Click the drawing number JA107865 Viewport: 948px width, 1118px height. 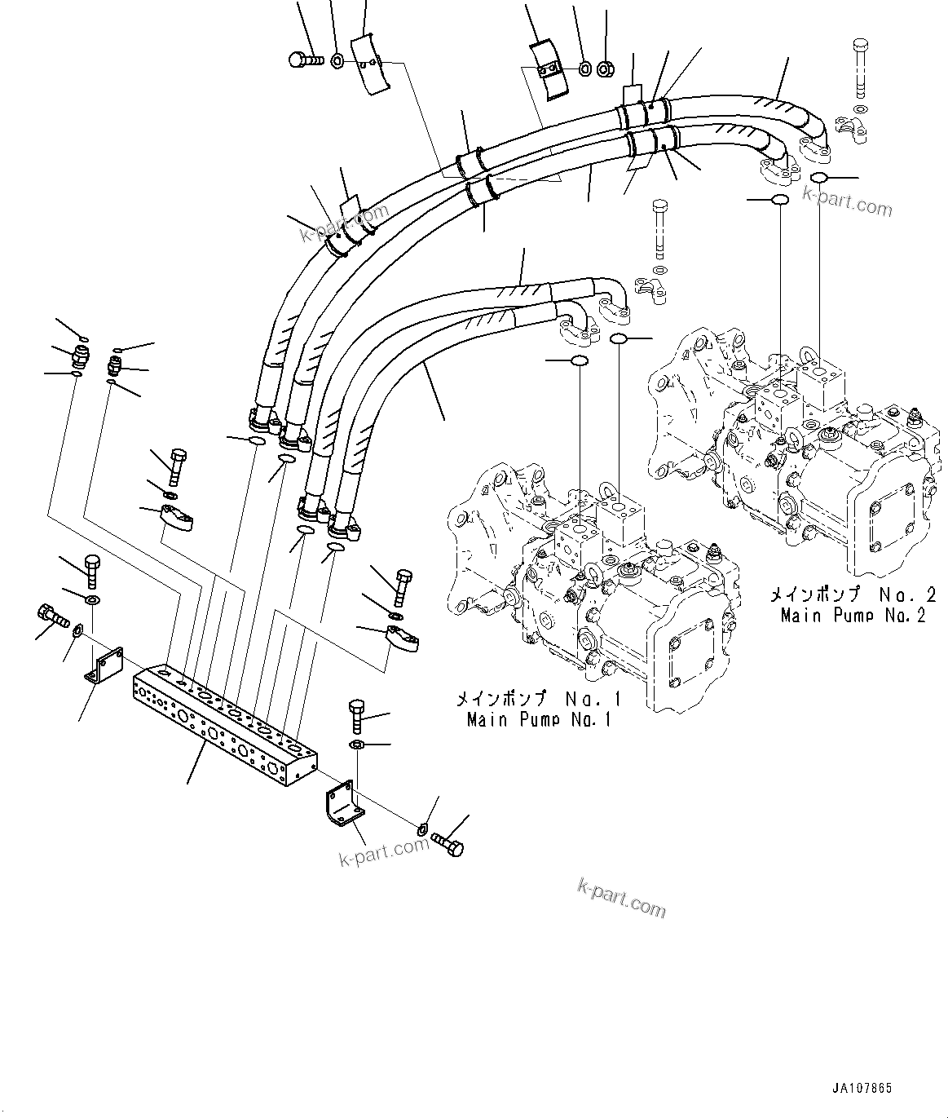(x=862, y=1088)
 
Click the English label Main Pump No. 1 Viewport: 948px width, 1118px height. (x=538, y=719)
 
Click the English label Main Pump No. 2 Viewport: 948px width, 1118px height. (x=853, y=615)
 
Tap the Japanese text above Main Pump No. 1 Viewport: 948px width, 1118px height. (x=538, y=699)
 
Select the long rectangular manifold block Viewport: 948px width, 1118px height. (x=223, y=727)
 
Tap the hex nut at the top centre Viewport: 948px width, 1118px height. (x=606, y=70)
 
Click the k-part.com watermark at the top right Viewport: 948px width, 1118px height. (x=847, y=201)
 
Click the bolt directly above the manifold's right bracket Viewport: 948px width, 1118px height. (x=358, y=715)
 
